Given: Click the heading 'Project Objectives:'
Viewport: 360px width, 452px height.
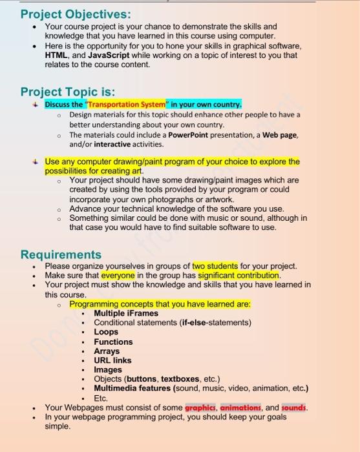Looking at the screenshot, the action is pos(75,14).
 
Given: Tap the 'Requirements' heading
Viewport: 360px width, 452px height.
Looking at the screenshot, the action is pos(61,254).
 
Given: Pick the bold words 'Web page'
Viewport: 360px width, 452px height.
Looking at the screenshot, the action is pos(279,135).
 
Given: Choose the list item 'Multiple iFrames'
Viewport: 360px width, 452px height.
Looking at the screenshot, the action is pos(126,313).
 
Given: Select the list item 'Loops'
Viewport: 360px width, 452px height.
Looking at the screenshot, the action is pos(106,332).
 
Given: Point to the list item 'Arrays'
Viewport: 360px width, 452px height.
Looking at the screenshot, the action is pos(107,351).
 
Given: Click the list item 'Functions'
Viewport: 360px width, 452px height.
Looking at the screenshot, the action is pos(113,342).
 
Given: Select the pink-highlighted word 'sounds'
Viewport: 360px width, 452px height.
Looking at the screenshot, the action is pos(295,407).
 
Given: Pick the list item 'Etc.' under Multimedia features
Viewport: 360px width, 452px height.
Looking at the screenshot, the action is pos(101,398).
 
